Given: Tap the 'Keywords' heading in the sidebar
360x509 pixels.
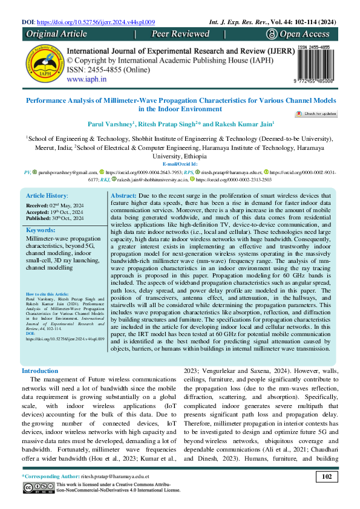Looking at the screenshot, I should point(41,231).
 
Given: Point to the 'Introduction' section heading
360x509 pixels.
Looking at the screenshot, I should point(40,371).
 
